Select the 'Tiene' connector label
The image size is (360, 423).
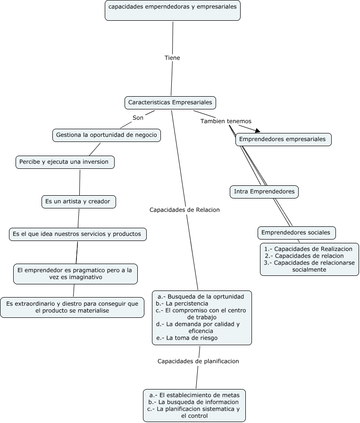172,58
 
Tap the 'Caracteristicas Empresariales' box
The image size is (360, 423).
170,102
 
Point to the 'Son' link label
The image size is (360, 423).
138,117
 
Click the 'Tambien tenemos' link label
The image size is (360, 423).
226,121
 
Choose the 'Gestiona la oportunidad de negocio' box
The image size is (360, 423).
107,135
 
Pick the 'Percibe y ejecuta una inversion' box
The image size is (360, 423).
64,162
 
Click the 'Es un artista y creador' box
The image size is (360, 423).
78,201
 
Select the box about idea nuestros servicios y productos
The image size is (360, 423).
76,233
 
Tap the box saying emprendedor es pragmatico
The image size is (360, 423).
75,274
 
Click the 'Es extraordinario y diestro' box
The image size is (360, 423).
72,307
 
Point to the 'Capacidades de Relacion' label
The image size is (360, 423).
184,210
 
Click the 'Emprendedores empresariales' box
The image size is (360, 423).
283,140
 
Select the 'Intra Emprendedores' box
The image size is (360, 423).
265,191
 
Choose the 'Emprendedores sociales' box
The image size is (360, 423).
296,232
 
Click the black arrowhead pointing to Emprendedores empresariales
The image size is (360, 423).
257,131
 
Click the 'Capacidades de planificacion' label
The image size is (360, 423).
198,361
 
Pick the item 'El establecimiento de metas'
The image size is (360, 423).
194,395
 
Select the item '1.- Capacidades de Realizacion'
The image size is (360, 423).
309,248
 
